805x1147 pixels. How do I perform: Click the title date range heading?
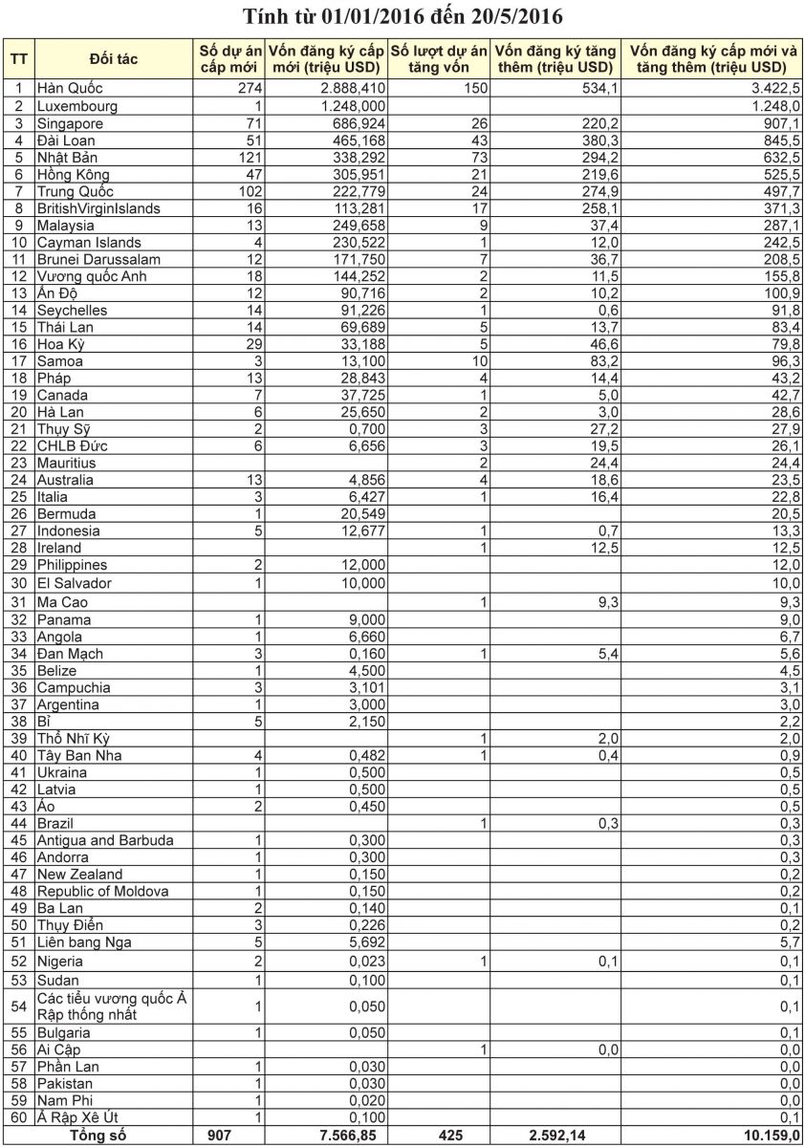402,16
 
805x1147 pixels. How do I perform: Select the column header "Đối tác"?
114,59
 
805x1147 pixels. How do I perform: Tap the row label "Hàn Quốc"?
70,89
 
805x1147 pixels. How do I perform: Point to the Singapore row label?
69,123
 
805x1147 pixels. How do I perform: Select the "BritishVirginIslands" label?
98,208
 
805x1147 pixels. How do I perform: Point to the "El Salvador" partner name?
75,583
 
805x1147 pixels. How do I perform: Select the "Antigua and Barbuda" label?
105,840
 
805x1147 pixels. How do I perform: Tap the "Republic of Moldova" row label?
102,891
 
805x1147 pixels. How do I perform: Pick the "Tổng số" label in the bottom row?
98,1136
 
